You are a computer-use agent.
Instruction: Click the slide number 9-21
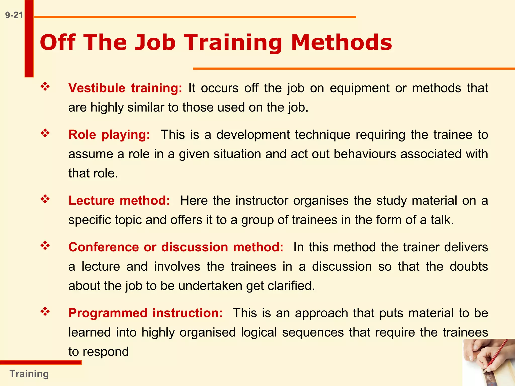pos(14,15)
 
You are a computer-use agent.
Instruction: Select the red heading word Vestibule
pos(97,88)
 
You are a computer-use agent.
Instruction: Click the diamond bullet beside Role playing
pos(45,133)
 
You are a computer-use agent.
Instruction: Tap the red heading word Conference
pos(104,247)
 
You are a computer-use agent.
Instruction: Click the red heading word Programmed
pos(108,313)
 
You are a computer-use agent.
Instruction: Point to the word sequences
pos(313,332)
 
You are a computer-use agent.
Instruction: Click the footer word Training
pos(29,374)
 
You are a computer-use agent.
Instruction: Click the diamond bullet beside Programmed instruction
pos(45,312)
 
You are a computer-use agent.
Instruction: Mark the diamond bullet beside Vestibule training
pos(45,87)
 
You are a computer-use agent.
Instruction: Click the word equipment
pos(360,88)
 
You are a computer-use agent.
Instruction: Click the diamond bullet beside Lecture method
pos(45,199)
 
